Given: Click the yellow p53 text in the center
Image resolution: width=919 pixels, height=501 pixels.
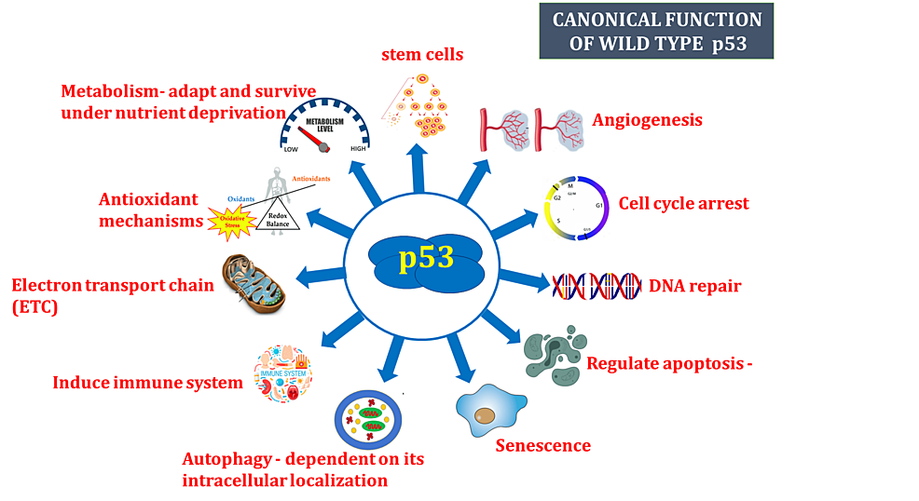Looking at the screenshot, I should coord(426,258).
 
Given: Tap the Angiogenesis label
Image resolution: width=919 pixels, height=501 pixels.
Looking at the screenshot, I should coord(647,120).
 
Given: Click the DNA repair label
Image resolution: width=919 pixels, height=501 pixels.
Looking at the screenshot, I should coord(694,286).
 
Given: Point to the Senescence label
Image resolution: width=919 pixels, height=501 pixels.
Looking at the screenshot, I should coord(542,445).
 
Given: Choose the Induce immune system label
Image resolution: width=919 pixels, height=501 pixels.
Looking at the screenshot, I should coord(147,382).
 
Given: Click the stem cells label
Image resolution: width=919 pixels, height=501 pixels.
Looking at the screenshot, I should coord(422,54).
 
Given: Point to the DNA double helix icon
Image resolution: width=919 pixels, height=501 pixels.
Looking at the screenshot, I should coord(597,286).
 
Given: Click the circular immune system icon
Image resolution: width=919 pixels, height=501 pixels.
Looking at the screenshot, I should coord(284,373).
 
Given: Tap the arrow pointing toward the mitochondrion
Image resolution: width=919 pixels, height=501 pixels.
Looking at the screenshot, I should coord(319,275).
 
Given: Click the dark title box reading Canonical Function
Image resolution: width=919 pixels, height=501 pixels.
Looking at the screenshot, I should coord(656,31).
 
